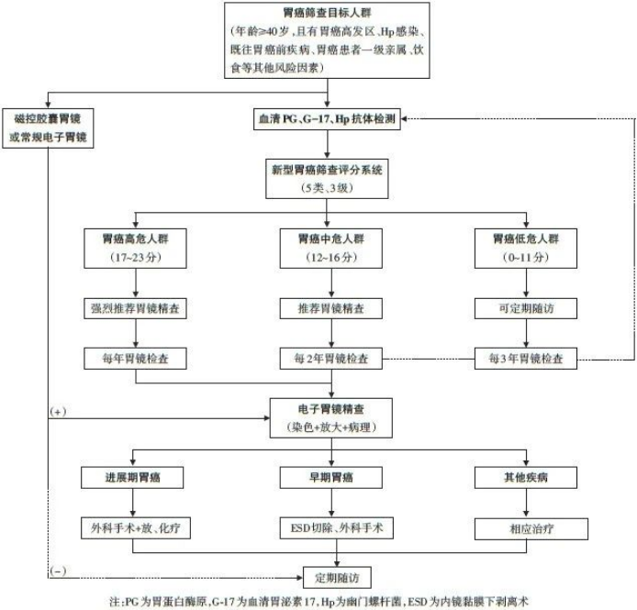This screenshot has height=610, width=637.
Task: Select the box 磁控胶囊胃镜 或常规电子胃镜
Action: (x=47, y=126)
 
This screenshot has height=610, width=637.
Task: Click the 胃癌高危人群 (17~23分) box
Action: (x=135, y=246)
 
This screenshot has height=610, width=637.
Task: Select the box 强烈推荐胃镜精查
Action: (x=135, y=309)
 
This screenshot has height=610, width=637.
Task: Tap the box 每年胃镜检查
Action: (x=135, y=357)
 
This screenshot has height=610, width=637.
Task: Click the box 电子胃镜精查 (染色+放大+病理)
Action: (x=330, y=417)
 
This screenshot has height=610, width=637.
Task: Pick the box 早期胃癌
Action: (x=330, y=477)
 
